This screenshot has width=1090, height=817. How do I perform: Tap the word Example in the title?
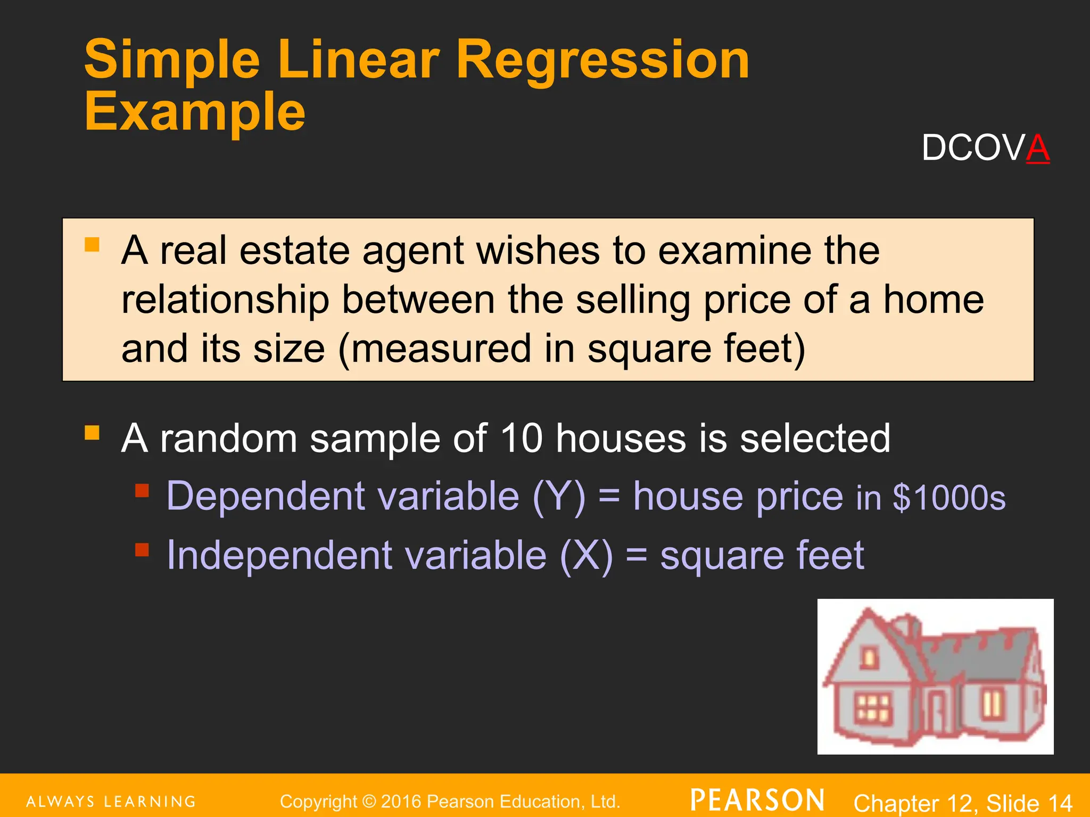[195, 112]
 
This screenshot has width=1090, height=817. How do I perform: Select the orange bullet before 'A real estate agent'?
[92, 245]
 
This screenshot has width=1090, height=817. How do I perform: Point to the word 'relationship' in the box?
[225, 300]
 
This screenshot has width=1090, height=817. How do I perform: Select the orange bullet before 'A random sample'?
[92, 432]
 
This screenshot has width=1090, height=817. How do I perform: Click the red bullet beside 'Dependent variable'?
[142, 490]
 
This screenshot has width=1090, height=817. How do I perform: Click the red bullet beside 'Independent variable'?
[142, 549]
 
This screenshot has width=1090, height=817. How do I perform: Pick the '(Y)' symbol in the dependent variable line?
[559, 497]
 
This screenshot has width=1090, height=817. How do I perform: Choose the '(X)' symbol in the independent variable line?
[586, 556]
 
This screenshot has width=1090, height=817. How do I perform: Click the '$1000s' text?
[949, 498]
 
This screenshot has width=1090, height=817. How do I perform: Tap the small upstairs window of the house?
[870, 658]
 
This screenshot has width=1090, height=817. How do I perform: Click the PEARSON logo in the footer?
[757, 801]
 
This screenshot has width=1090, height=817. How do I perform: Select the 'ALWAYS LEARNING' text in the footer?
[111, 802]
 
